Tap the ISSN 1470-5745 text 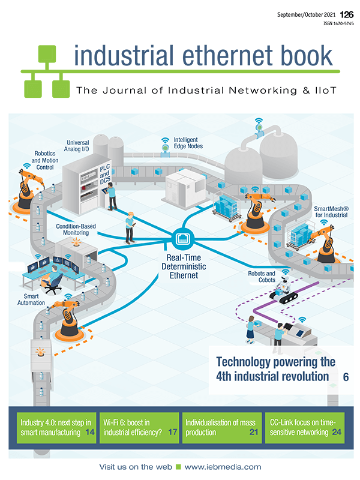tap(339, 24)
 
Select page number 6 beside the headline tap(346, 377)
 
